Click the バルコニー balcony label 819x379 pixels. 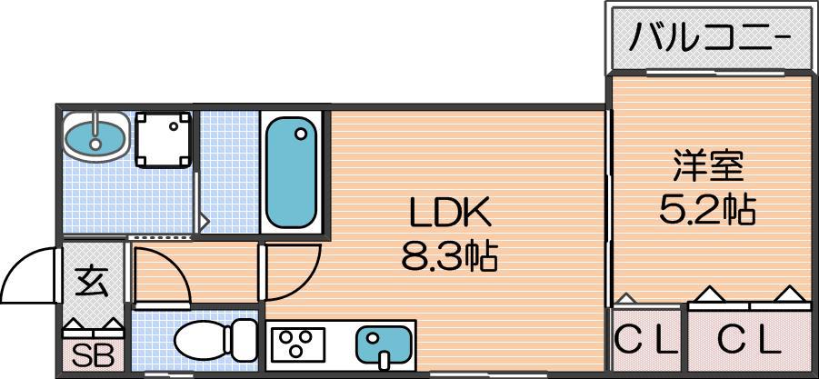pos(709,38)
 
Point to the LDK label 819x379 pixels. pos(450,212)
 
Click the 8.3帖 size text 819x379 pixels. pos(449,255)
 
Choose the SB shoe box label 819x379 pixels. pos(93,356)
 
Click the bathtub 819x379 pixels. pos(291,173)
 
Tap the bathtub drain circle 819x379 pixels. pos(300,135)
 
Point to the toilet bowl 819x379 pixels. pos(201,340)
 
